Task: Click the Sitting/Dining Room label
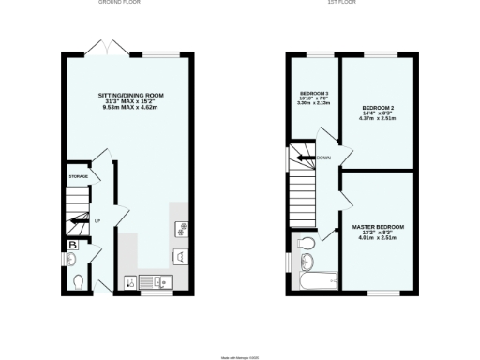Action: (130, 96)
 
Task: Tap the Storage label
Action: (78, 176)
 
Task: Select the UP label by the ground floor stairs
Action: (97, 220)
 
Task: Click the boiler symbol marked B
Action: (72, 247)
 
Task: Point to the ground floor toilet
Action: (78, 280)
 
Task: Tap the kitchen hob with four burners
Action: (182, 228)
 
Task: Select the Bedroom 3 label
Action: (314, 94)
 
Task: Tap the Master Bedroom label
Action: (378, 228)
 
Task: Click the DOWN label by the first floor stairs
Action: (323, 157)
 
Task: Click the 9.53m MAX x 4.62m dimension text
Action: (130, 108)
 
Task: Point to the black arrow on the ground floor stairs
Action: (82, 221)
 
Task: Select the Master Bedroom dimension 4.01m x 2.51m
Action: (378, 239)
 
